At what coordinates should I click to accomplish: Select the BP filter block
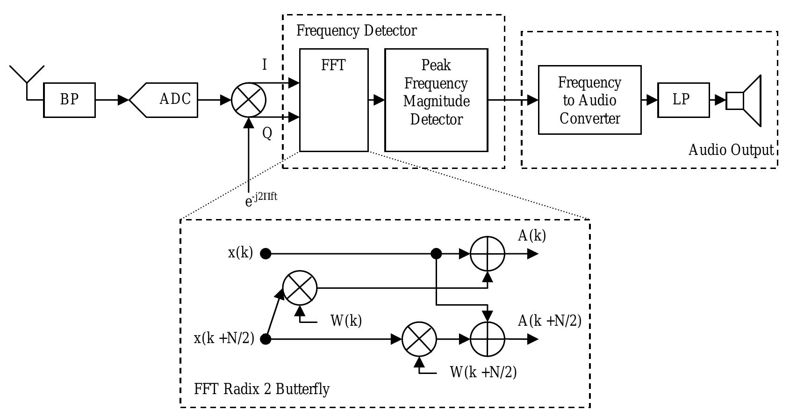pyautogui.click(x=69, y=100)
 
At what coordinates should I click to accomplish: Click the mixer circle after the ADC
pyautogui.click(x=249, y=100)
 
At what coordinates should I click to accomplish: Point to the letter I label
pyautogui.click(x=265, y=65)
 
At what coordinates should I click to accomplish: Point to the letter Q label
pyautogui.click(x=267, y=133)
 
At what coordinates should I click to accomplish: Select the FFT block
pyautogui.click(x=334, y=100)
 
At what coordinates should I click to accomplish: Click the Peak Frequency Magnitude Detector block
pyautogui.click(x=436, y=100)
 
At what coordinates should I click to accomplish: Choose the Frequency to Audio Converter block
pyautogui.click(x=589, y=100)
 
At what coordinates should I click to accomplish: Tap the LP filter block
pyautogui.click(x=683, y=100)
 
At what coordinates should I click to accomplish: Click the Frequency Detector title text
pyautogui.click(x=356, y=31)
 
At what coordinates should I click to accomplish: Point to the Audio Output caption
pyautogui.click(x=731, y=150)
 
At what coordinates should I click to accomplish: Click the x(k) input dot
pyautogui.click(x=266, y=254)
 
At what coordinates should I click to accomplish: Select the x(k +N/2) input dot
pyautogui.click(x=266, y=339)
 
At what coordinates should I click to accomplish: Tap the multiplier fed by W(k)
pyautogui.click(x=300, y=288)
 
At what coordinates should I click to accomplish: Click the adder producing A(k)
pyautogui.click(x=488, y=254)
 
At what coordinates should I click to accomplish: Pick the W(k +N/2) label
pyautogui.click(x=483, y=373)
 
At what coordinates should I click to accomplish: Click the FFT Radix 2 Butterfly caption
pyautogui.click(x=262, y=389)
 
